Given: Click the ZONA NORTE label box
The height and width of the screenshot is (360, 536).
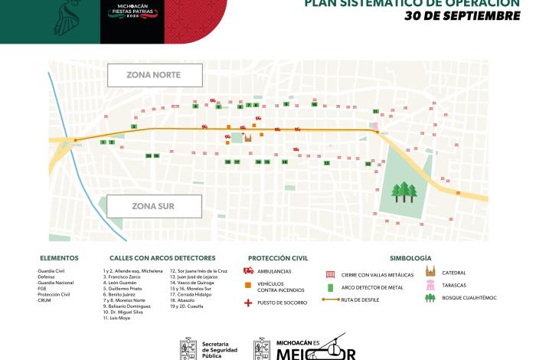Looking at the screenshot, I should [155, 76].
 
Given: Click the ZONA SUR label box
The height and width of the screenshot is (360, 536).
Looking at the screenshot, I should [155, 206].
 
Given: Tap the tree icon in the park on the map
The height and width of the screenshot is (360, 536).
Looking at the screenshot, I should [404, 191].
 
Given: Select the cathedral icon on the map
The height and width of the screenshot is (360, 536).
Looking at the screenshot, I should [247, 139].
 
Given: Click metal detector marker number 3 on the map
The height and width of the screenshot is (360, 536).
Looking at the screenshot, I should [134, 126].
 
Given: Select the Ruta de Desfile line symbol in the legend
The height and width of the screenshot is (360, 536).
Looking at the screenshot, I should [331, 299].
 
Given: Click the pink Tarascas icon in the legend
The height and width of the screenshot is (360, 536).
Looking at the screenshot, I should [430, 285].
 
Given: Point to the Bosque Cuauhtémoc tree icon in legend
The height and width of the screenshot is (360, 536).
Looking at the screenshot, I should [430, 298].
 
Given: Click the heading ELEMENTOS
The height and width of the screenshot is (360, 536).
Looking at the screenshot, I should [59, 258].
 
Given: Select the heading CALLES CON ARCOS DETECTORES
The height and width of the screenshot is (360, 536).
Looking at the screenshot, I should [162, 258].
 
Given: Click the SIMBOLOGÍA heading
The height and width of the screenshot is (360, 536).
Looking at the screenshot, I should [410, 258].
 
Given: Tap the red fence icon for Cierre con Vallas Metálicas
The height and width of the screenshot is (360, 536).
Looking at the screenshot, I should [331, 273].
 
